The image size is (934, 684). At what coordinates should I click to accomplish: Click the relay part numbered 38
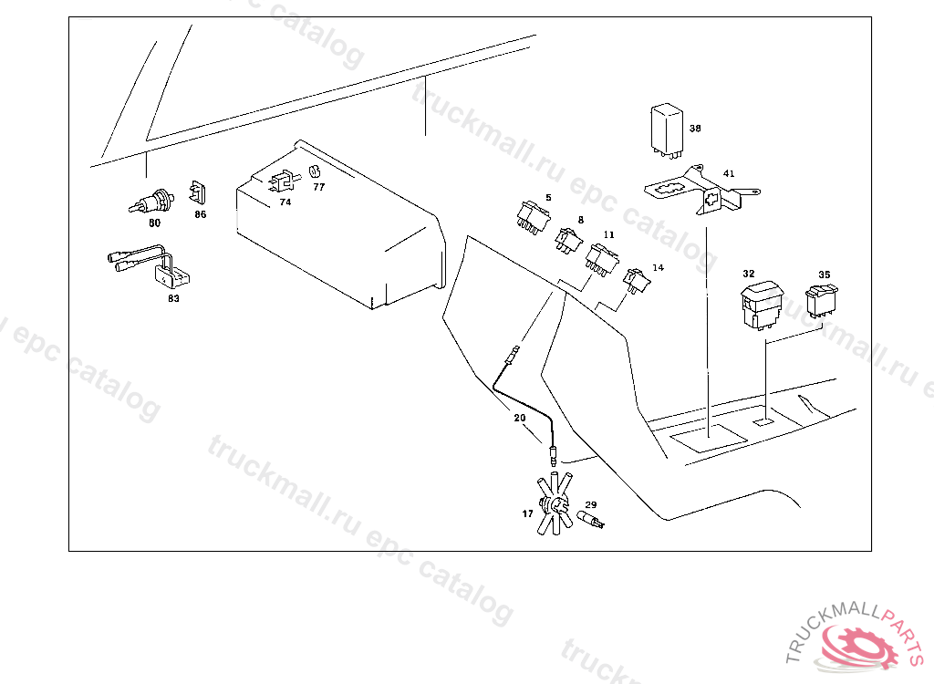click(667, 129)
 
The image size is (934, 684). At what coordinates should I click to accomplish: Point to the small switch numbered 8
click(568, 239)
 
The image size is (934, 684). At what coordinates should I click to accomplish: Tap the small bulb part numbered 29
click(591, 521)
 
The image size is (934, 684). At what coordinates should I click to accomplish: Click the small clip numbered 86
click(199, 193)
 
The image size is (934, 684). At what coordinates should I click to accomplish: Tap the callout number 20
click(519, 418)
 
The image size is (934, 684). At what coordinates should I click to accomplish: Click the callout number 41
click(728, 173)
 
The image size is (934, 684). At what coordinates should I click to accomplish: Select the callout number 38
click(695, 129)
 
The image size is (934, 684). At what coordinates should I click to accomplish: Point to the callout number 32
click(748, 274)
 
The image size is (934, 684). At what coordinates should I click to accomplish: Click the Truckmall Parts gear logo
click(857, 643)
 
